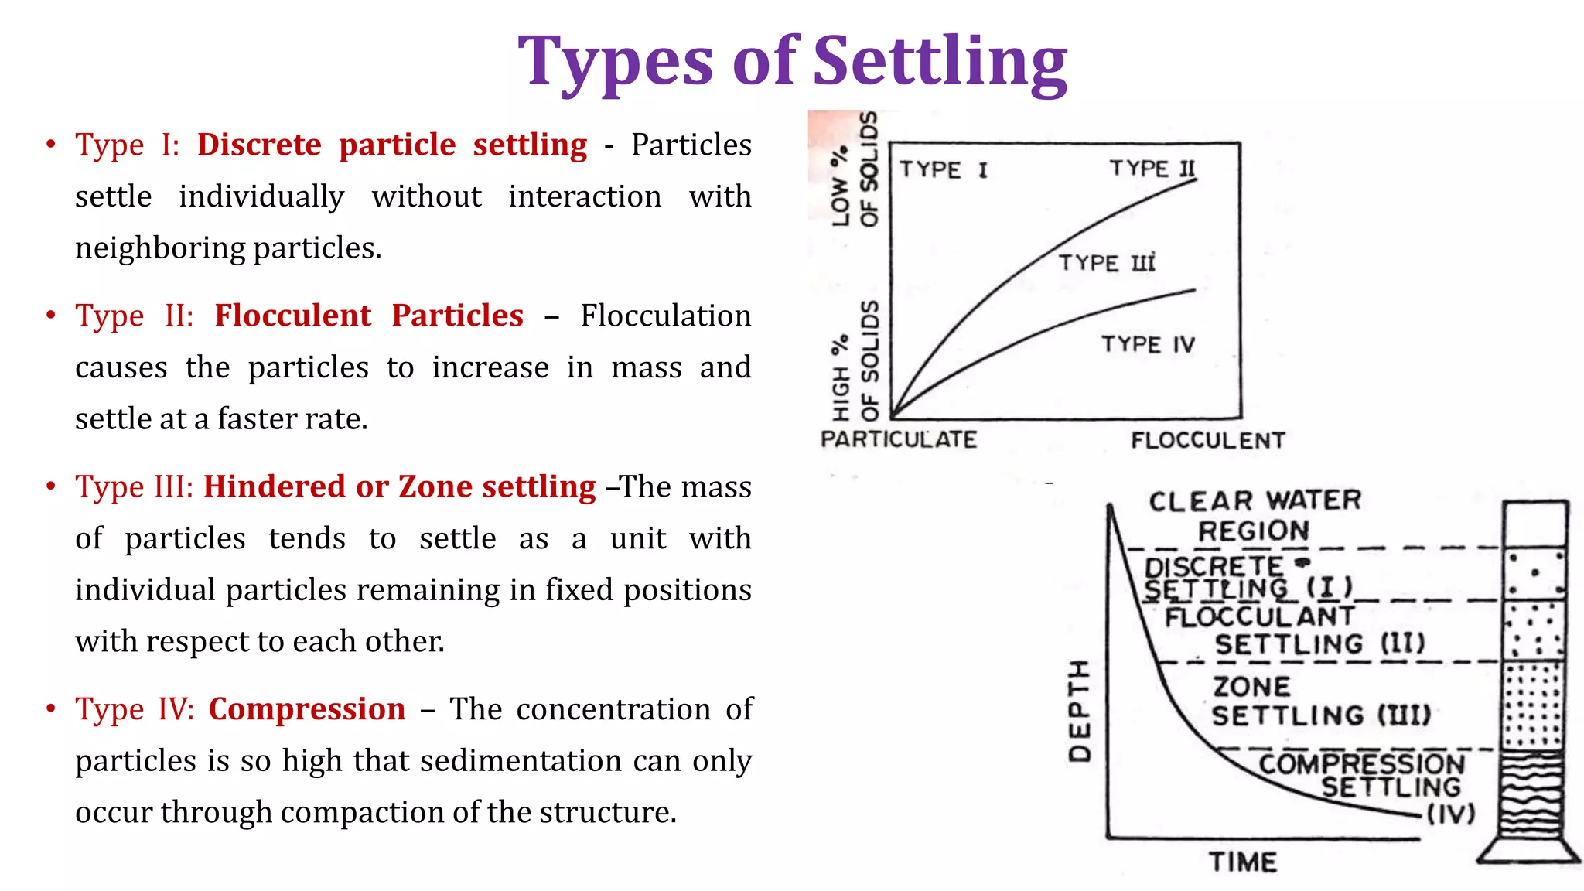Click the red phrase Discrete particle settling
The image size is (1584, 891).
[x=392, y=145]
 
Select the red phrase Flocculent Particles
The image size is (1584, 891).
[x=369, y=316]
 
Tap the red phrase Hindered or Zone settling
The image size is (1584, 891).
[x=400, y=486]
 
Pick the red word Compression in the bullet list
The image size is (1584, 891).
[x=307, y=709]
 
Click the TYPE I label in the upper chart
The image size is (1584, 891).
[x=944, y=169]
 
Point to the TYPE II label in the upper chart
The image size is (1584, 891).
[x=1152, y=168]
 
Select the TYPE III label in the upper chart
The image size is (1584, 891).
[x=1107, y=263]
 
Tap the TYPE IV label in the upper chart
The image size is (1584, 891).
[x=1148, y=343]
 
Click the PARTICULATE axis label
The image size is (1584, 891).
[x=898, y=439]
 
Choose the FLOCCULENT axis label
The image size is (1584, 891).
[x=1207, y=441]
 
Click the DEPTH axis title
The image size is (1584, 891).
[x=1080, y=711]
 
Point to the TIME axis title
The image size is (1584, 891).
[x=1243, y=862]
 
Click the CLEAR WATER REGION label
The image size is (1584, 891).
[x=1255, y=516]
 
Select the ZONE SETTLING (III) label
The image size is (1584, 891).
[x=1320, y=701]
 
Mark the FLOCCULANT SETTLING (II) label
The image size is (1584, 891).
[x=1295, y=630]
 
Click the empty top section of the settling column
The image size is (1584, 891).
[x=1535, y=524]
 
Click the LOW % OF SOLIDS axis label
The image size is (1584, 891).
[x=855, y=170]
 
